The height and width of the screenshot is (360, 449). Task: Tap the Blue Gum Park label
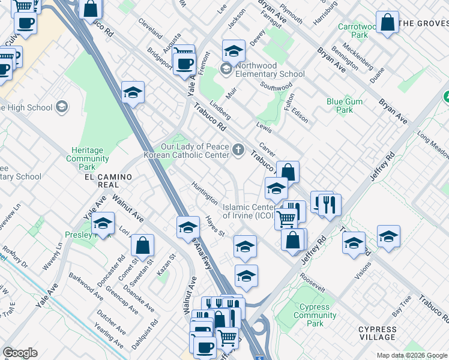[x=344, y=106]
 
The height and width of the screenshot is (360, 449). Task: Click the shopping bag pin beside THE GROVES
[x=388, y=23]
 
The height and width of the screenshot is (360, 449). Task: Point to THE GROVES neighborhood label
[x=423, y=23]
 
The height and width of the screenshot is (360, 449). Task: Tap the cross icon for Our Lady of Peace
[x=239, y=149]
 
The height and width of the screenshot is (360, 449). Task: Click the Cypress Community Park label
[x=315, y=315]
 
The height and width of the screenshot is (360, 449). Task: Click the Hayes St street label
[x=214, y=226]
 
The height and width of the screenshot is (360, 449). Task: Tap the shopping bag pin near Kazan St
[x=143, y=245]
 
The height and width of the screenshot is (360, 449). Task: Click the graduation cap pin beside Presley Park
[x=103, y=224]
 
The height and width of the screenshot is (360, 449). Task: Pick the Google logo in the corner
[x=20, y=353]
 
